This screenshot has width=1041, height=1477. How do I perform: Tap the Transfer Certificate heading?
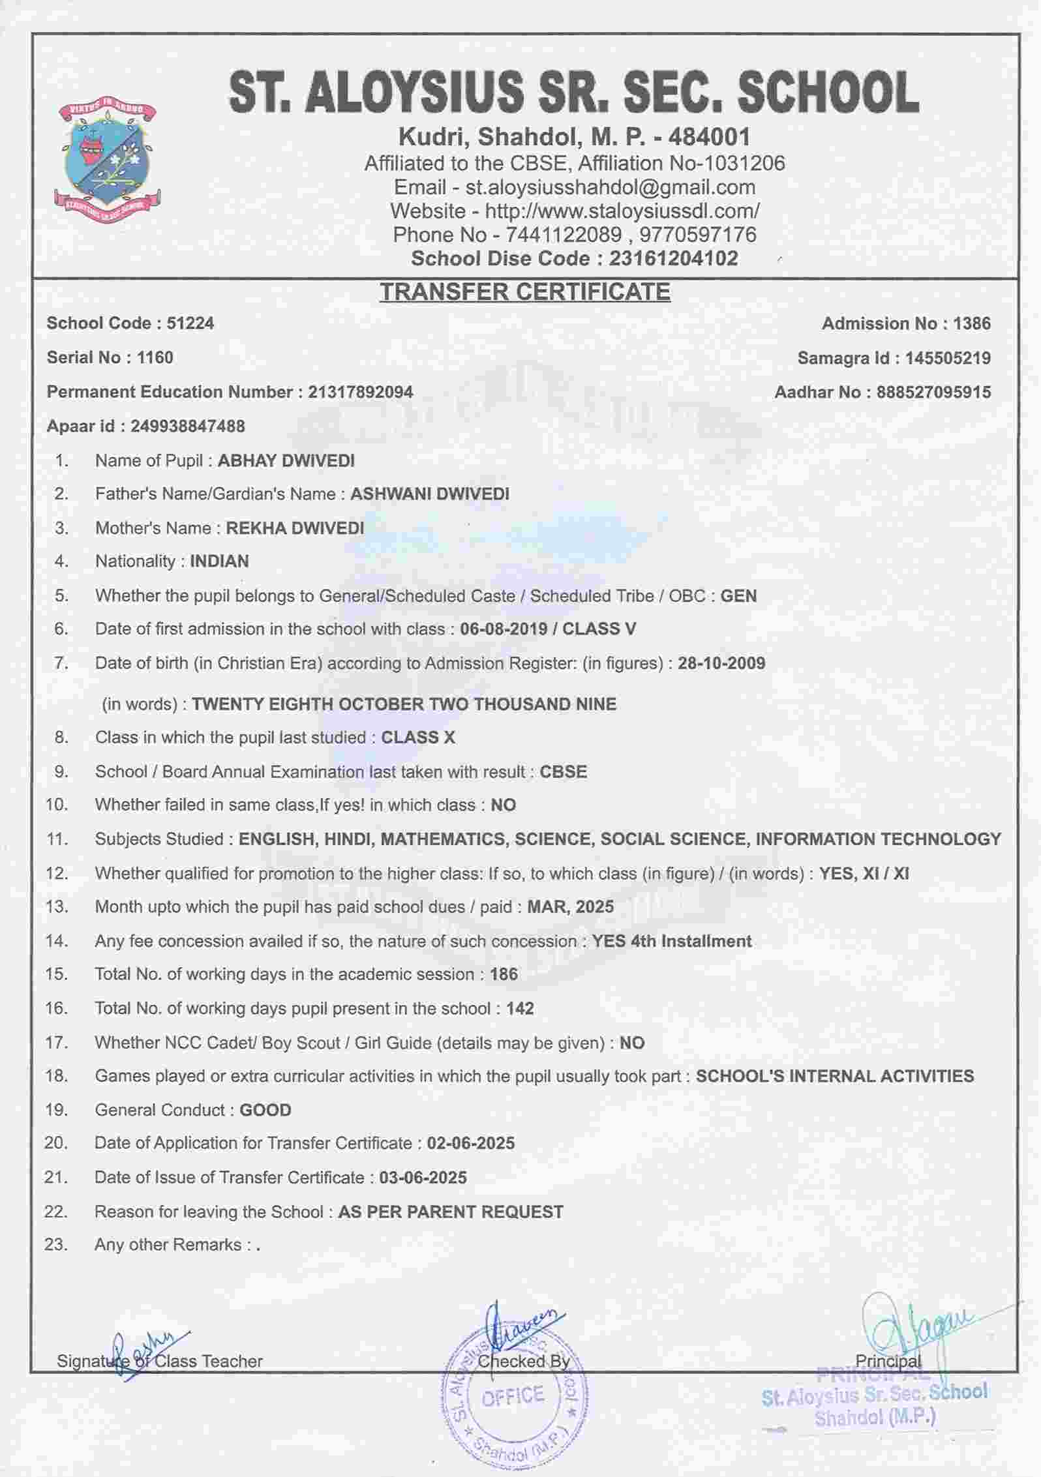point(525,291)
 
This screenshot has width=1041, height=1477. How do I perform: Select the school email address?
point(610,187)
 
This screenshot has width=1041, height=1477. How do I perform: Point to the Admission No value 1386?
point(971,323)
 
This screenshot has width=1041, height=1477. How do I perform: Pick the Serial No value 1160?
point(155,357)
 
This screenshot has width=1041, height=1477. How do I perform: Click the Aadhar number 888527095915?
point(933,392)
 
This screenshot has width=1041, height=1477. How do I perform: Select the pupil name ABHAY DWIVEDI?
point(286,460)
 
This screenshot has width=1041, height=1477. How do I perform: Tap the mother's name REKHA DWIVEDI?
point(295,528)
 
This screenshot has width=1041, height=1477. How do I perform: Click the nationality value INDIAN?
point(219,561)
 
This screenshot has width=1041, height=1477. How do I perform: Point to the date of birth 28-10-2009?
point(721,663)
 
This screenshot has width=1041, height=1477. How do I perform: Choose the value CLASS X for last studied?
point(418,738)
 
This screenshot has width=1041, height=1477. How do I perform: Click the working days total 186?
point(504,974)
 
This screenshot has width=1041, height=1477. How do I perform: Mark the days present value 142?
point(520,1008)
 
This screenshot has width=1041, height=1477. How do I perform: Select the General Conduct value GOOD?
point(265,1110)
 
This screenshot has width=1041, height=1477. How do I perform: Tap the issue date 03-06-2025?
point(423,1177)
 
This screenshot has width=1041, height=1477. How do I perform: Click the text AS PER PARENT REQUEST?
point(451,1212)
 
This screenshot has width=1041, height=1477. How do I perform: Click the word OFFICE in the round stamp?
point(513,1395)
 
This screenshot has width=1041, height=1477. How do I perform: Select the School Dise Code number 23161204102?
point(674,258)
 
